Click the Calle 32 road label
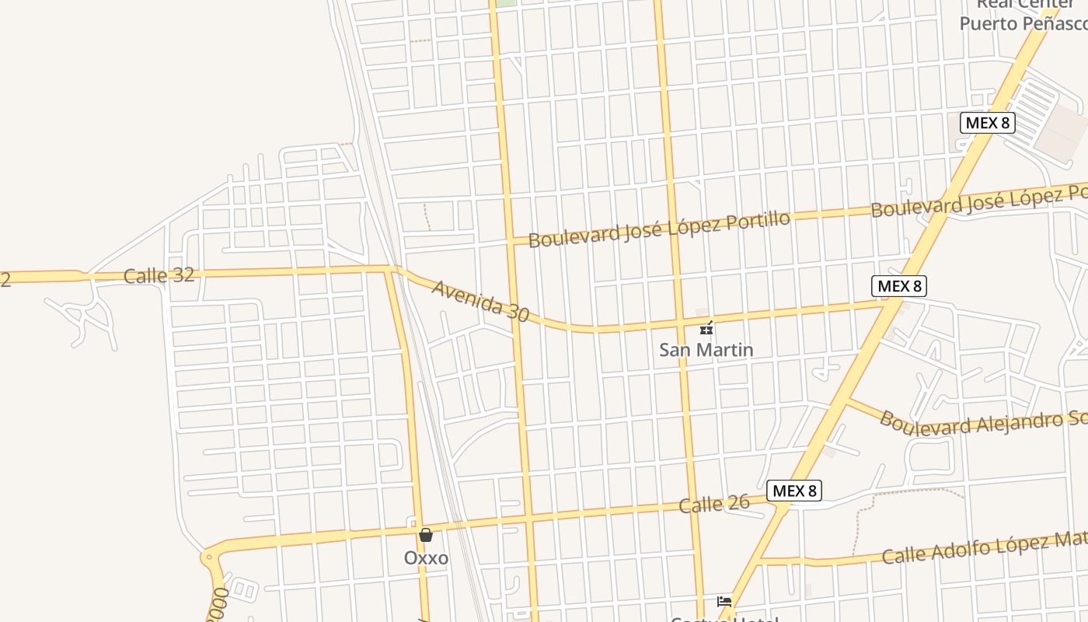tap(159, 275)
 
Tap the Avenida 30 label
tap(480, 301)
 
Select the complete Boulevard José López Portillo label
tap(659, 229)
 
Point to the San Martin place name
tap(706, 350)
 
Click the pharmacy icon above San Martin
tap(706, 329)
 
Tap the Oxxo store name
tap(426, 557)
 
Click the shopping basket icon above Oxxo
tap(425, 535)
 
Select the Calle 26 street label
tap(714, 504)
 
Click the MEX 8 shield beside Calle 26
tap(794, 491)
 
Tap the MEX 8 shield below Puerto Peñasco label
tap(988, 122)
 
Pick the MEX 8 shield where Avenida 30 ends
tap(899, 286)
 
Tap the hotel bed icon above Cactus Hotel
tap(724, 602)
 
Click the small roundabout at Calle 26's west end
tap(207, 557)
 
